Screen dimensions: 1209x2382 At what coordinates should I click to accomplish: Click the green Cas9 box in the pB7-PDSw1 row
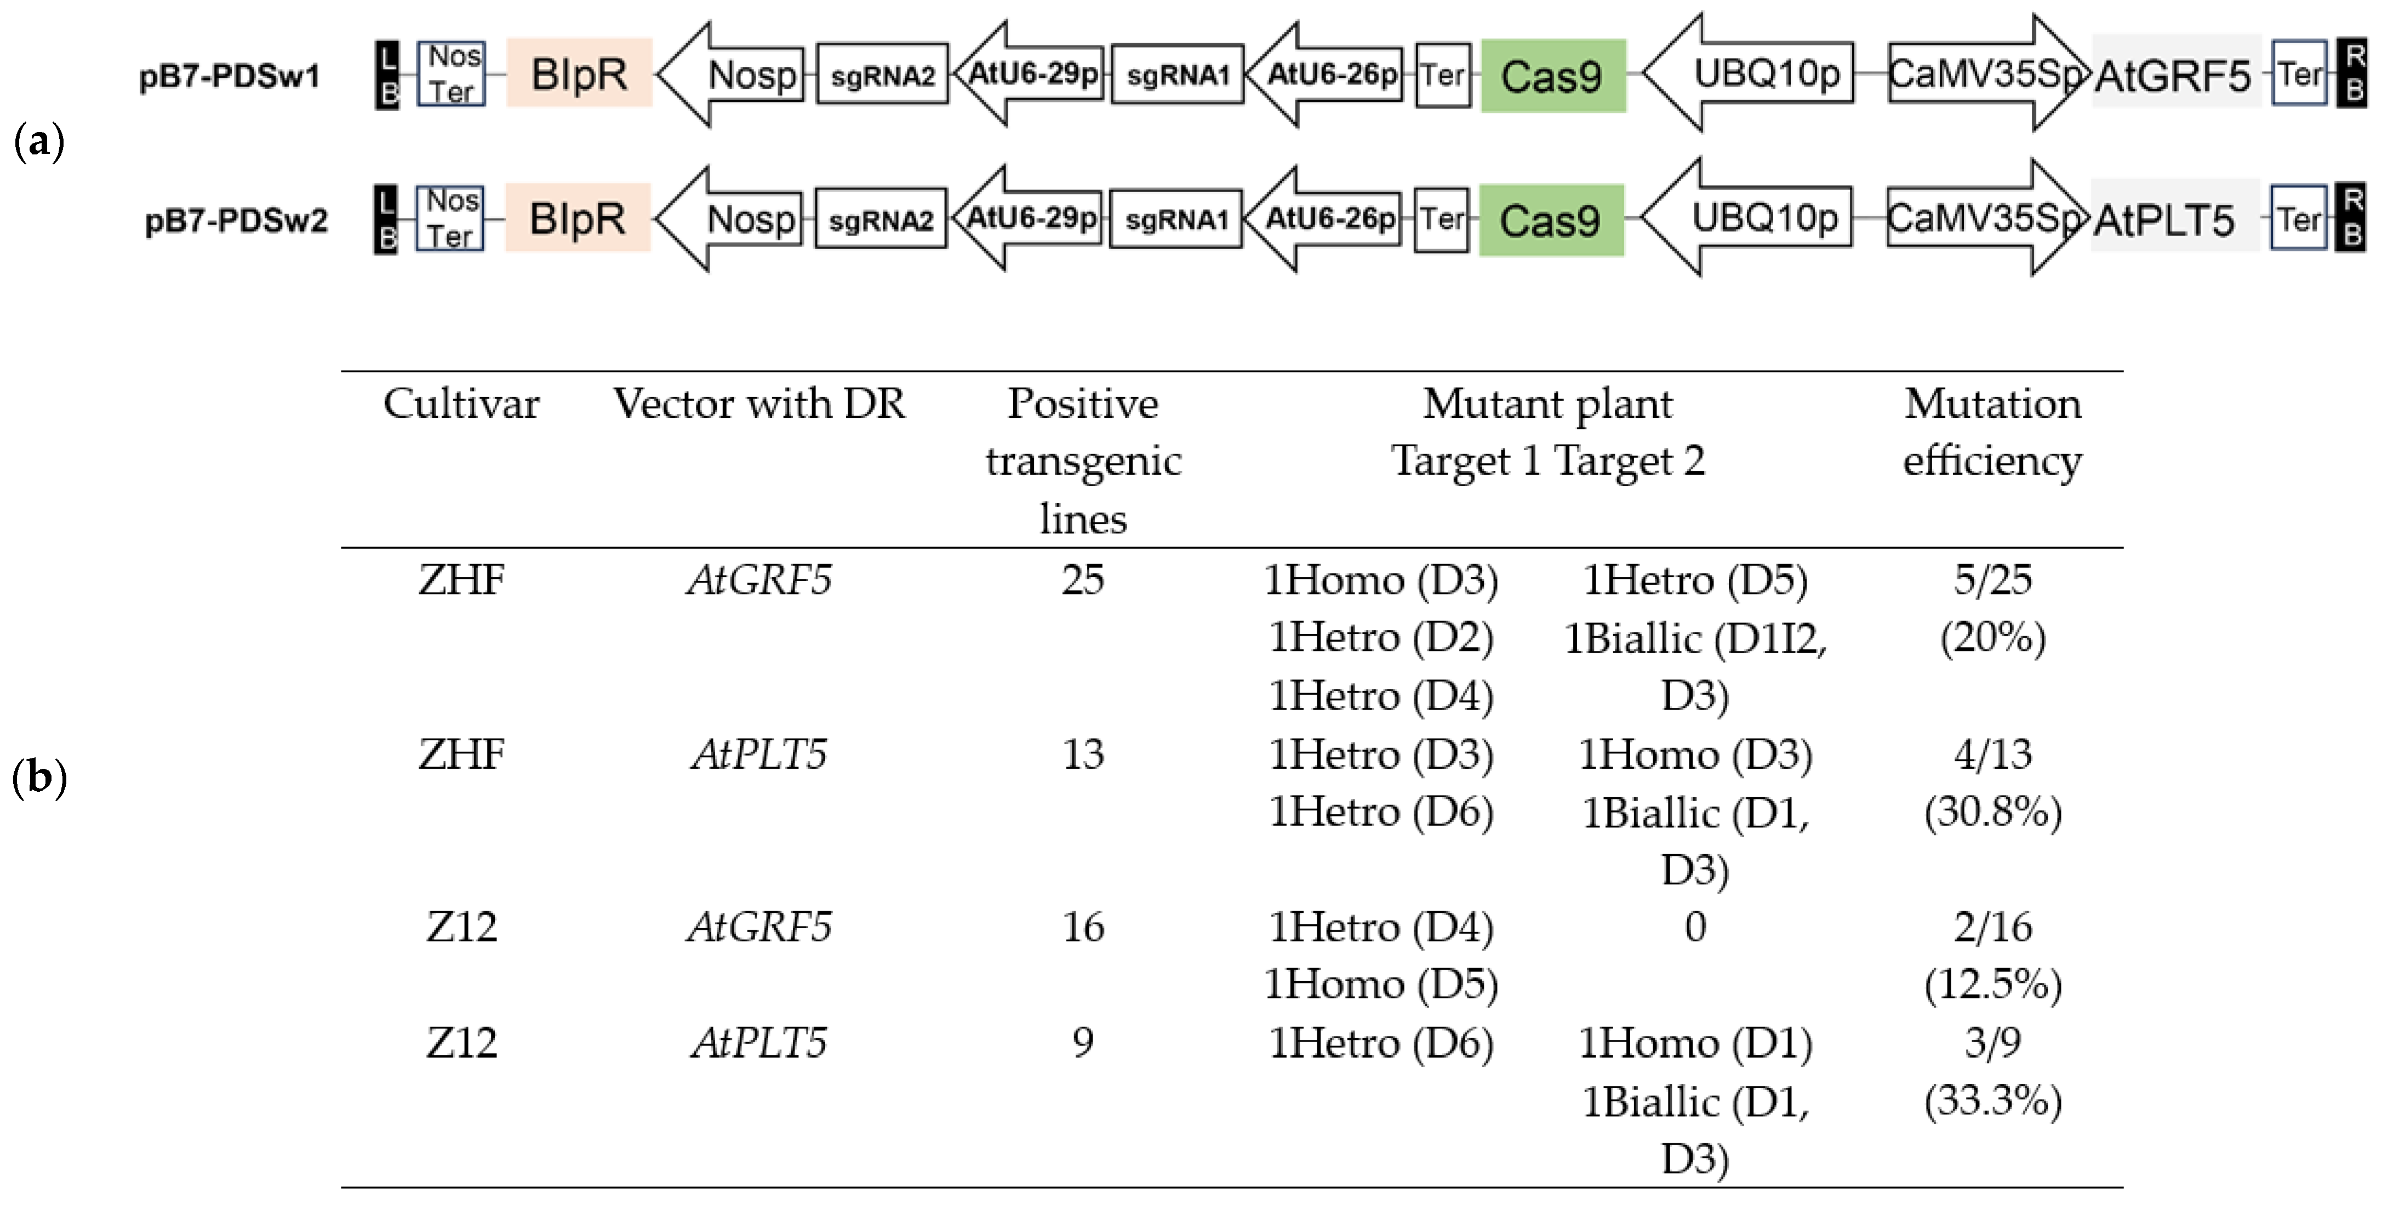pos(1552,76)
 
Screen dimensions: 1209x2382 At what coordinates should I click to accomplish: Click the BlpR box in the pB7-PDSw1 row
pos(579,73)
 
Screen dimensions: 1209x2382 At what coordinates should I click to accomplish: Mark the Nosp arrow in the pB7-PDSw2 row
pos(735,219)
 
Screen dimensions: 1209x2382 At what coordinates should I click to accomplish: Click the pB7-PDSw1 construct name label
pos(229,76)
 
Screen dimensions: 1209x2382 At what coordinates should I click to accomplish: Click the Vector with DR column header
pos(759,404)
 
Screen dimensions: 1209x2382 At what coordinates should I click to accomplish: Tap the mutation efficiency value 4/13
pos(1993,754)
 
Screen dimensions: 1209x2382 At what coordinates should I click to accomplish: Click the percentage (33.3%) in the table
pos(1993,1101)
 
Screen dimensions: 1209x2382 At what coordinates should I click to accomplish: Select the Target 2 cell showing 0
pos(1695,927)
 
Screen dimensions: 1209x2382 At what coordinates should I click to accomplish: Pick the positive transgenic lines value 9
pos(1083,1043)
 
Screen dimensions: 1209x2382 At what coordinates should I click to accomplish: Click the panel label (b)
pos(39,778)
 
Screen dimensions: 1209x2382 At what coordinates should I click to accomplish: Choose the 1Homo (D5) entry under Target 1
pos(1380,985)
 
